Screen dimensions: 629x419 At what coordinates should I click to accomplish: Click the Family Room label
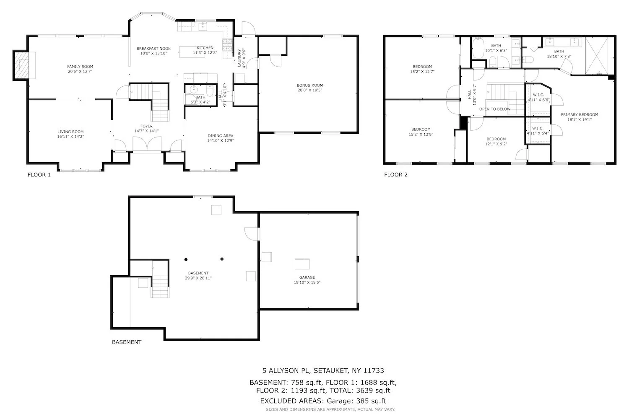80,67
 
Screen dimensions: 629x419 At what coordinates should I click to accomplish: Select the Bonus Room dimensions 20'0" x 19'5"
310,90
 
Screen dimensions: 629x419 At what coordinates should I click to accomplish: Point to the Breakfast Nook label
153,49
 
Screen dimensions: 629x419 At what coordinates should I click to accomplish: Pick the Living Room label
70,132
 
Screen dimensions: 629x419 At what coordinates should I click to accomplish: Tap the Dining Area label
221,136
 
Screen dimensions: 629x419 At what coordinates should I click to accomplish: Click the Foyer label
147,126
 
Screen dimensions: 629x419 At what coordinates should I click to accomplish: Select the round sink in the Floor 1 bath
194,90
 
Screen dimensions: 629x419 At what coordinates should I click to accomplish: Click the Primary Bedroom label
580,114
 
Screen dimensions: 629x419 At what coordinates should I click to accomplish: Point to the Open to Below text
495,109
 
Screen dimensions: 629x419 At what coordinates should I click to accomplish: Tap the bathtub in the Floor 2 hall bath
478,48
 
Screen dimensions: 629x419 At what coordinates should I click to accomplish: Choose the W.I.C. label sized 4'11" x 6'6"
538,95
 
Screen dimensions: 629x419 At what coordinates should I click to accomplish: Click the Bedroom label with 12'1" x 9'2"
496,139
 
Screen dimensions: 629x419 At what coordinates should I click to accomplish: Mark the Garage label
307,277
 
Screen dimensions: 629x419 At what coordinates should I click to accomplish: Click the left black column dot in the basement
186,260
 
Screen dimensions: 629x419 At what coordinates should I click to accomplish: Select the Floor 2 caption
396,175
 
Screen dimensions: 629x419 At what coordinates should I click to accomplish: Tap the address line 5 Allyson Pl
323,370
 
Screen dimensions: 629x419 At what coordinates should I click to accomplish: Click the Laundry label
239,58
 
